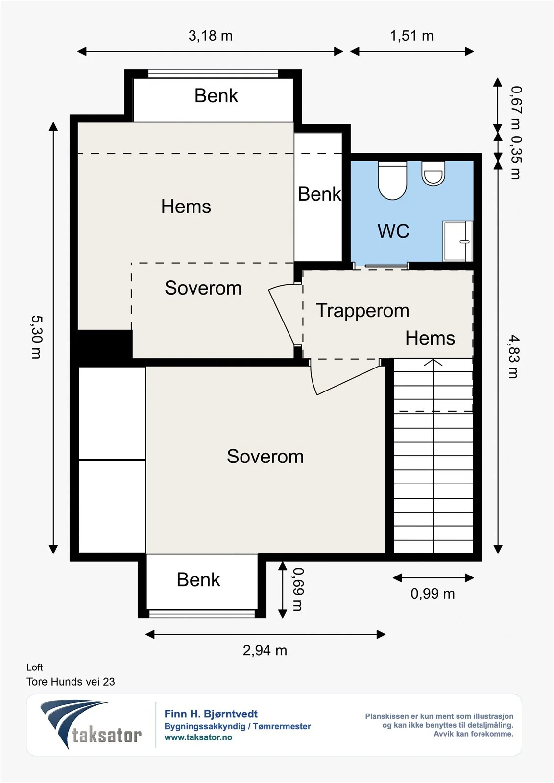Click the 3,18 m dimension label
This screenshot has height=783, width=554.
point(210,36)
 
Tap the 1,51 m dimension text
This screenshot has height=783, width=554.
point(411,36)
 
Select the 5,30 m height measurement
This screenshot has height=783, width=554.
point(36,337)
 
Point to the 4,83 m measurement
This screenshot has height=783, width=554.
point(514,357)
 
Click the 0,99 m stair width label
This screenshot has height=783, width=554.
point(433,594)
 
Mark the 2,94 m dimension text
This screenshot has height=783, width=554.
point(265,650)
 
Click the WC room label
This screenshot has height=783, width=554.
point(393,231)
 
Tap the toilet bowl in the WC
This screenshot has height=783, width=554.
point(392,181)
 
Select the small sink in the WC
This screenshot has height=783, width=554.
point(434,173)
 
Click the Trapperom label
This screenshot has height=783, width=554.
point(362,310)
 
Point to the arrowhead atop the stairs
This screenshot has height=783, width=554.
point(434,362)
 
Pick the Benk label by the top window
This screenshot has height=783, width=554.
point(217,96)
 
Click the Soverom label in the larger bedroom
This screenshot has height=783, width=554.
point(265,456)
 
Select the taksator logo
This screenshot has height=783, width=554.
point(91,724)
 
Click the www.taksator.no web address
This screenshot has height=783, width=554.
point(198,737)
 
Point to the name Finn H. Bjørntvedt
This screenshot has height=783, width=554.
point(211,714)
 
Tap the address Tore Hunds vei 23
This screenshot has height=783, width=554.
point(71,682)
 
